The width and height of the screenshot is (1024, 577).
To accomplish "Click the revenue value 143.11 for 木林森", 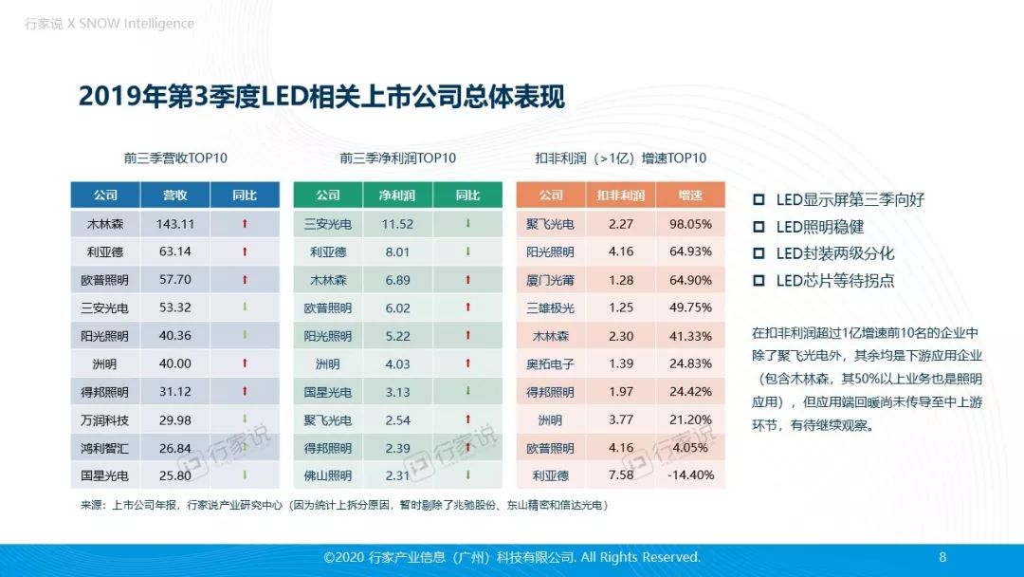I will [x=175, y=224].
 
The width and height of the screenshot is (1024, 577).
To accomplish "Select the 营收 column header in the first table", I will [x=175, y=195].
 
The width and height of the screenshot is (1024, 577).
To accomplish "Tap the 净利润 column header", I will [x=398, y=195].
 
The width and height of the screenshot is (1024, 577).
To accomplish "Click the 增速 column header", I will [x=690, y=195].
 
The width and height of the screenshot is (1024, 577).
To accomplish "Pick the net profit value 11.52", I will [x=398, y=224].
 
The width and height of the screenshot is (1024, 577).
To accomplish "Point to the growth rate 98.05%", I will [x=690, y=224].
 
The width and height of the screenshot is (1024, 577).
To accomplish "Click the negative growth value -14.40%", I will [x=690, y=475].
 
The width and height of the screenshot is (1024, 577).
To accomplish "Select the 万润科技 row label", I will [x=105, y=419].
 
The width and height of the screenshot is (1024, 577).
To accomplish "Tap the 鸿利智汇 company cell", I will [x=105, y=447].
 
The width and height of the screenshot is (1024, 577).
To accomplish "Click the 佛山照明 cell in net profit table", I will [x=328, y=475].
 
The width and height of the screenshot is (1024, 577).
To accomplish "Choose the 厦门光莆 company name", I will [x=551, y=280].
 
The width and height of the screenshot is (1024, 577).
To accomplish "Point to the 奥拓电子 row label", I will [x=551, y=363].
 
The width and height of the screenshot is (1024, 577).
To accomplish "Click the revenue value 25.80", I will [x=175, y=475].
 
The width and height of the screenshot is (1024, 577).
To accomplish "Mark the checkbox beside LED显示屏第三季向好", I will [x=759, y=200].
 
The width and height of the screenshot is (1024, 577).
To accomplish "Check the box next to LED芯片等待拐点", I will [x=759, y=281].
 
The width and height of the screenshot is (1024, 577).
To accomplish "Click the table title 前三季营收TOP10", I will [x=175, y=158].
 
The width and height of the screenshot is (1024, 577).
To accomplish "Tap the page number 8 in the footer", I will [x=942, y=557].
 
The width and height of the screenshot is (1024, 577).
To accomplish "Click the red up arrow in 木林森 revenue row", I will [x=245, y=224].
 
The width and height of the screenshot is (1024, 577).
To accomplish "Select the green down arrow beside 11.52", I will [x=467, y=224].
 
